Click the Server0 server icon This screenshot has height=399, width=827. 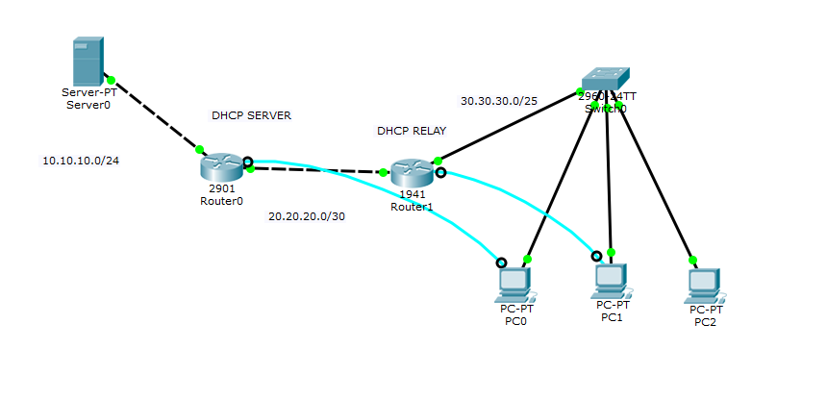[88, 61]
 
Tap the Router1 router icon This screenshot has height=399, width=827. [413, 174]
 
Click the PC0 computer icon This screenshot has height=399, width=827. [514, 284]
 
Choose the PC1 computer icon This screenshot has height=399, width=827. [611, 280]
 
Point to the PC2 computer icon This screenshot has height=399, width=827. [705, 284]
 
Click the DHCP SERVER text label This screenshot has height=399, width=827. [251, 115]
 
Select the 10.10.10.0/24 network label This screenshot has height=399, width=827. [81, 161]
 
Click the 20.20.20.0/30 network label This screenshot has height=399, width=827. [307, 216]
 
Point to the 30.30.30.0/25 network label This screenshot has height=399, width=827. [499, 100]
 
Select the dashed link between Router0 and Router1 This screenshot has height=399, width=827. [317, 171]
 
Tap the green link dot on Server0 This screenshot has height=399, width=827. [112, 80]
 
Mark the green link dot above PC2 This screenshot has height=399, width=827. [691, 260]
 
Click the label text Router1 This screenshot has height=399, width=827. [412, 207]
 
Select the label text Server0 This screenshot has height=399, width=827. [88, 105]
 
